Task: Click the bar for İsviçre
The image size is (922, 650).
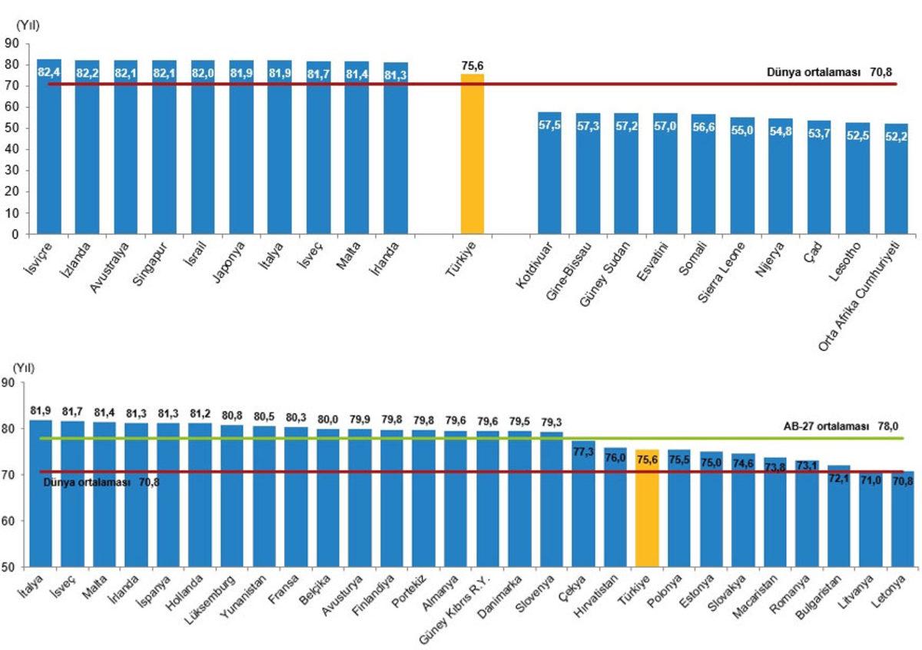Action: coord(49,154)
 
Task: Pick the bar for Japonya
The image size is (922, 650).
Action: coord(241,154)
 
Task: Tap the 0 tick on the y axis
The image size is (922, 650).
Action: coord(15,234)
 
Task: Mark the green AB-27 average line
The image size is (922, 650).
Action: coord(461,438)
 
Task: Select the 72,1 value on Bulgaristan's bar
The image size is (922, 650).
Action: coord(839,479)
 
